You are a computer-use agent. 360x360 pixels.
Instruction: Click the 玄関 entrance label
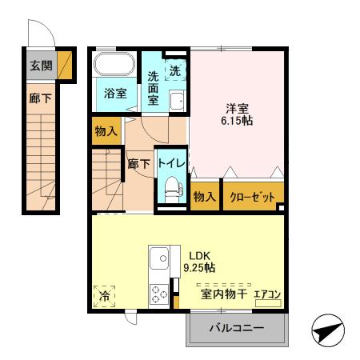[38, 66]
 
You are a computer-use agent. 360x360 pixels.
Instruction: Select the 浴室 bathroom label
[116, 93]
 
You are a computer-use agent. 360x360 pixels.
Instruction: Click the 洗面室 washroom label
[154, 89]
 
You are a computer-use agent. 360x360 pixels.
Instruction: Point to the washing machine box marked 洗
[176, 70]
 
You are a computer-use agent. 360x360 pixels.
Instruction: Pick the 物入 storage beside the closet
[205, 196]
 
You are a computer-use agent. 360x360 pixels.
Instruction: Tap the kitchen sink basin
[159, 259]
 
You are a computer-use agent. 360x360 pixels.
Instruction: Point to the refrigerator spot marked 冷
[105, 296]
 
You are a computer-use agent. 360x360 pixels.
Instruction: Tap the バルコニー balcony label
[237, 328]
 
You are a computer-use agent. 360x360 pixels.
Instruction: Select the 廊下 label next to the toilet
[139, 164]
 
